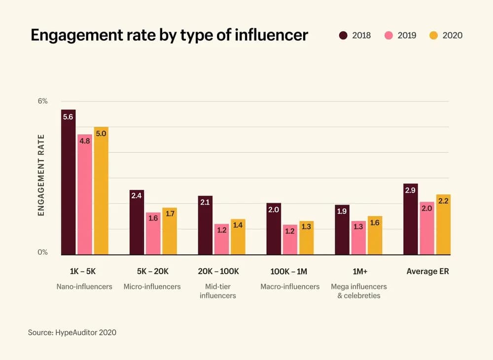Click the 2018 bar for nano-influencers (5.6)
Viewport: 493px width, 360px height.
point(68,182)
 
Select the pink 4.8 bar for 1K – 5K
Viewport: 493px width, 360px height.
point(85,195)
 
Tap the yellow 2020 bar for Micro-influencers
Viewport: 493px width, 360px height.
point(170,231)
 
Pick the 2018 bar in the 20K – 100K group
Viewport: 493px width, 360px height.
point(205,225)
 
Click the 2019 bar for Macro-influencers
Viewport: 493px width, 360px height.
point(290,240)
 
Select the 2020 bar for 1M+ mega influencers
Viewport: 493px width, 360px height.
point(375,235)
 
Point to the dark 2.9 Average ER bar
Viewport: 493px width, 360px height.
point(410,219)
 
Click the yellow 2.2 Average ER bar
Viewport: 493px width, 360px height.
point(443,224)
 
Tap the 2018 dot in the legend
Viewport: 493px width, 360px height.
point(343,36)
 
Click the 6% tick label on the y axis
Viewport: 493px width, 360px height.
point(43,101)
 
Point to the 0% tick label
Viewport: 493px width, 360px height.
point(43,252)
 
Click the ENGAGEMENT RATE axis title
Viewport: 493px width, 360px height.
point(41,175)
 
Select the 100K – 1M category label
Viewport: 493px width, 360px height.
point(288,271)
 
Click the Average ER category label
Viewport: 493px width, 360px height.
point(427,271)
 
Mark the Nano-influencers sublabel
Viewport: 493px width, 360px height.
point(84,287)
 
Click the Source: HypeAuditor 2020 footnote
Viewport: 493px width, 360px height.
point(72,332)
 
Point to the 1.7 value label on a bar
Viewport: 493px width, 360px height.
point(170,214)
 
